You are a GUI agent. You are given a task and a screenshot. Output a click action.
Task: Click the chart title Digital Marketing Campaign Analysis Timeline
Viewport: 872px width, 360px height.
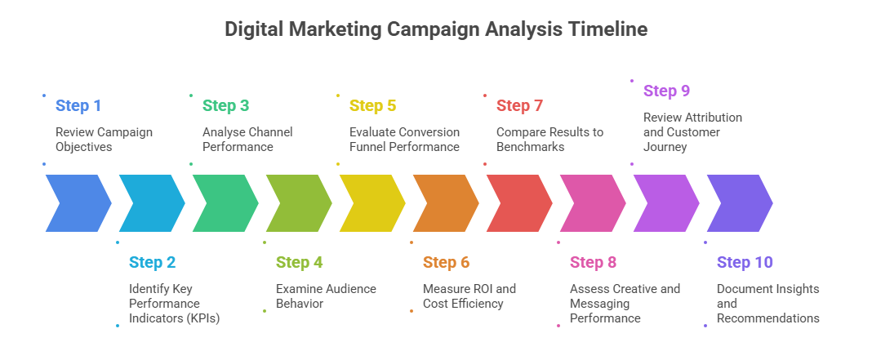pos(436,29)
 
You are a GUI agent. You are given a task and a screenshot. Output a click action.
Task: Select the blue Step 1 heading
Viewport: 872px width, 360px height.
pos(78,106)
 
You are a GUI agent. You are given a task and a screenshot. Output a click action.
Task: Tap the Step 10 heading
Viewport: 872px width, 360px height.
pos(745,262)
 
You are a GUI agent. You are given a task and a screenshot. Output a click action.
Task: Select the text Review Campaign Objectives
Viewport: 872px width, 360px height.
pos(104,140)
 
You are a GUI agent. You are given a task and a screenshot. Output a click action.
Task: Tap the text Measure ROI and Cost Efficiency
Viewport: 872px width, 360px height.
pos(469,296)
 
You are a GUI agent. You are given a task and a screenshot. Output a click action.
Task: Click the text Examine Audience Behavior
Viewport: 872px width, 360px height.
pos(327,296)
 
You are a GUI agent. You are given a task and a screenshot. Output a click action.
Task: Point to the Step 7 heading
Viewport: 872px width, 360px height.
pos(519,106)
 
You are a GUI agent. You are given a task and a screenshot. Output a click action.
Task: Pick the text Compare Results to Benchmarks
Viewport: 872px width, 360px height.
pos(550,140)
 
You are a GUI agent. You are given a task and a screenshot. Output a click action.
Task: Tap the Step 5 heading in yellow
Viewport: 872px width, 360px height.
pos(372,106)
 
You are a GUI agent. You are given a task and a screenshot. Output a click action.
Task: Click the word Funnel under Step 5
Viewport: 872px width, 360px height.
pos(368,147)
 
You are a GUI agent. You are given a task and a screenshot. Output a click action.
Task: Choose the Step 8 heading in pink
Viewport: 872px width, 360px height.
pos(594,262)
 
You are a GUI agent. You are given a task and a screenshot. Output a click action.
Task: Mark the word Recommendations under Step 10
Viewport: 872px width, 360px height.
pos(768,318)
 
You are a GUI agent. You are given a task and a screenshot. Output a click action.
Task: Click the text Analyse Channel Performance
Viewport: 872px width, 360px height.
pos(247,140)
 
